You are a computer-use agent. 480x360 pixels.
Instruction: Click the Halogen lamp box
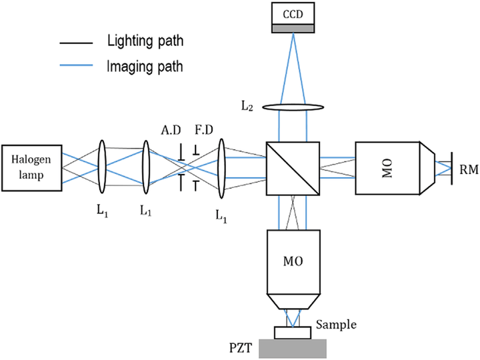[32, 163]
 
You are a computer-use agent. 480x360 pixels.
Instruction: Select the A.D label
[171, 131]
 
